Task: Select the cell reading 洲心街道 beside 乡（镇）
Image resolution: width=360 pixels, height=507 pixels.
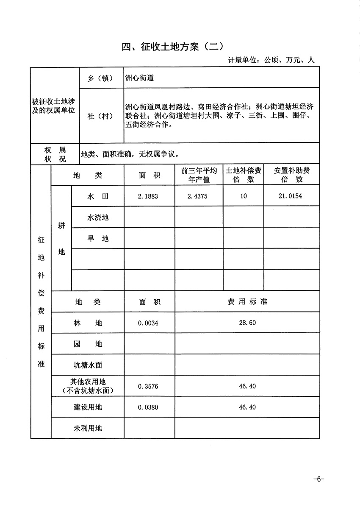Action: [x=139, y=78]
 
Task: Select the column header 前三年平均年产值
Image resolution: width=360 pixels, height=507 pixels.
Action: [x=199, y=175]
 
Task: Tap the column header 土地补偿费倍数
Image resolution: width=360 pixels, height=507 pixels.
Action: [x=244, y=175]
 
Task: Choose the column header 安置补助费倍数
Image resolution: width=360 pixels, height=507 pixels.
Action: [x=291, y=175]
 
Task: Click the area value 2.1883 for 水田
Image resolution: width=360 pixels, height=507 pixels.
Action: [x=148, y=197]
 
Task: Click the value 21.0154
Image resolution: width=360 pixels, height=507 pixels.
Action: [x=291, y=197]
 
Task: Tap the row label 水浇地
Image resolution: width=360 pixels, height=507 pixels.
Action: [x=98, y=217]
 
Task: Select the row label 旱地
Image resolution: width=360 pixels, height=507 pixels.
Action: [x=98, y=239]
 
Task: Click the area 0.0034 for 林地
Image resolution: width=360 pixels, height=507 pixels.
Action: [x=148, y=323]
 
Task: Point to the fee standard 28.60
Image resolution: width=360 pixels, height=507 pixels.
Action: [x=247, y=323]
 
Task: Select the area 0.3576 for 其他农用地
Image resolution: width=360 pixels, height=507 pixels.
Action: [x=148, y=387]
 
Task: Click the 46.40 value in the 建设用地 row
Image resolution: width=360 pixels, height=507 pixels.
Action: [x=247, y=407]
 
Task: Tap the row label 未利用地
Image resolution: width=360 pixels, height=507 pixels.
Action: [x=88, y=428]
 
